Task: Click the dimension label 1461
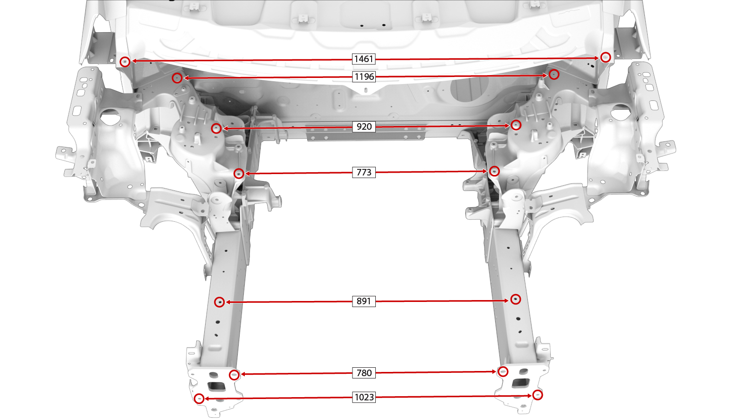click(364, 59)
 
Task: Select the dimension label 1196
click(364, 77)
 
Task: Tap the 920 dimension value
click(364, 126)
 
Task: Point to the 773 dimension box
click(364, 172)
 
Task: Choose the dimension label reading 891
click(364, 301)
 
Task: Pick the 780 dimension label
click(364, 373)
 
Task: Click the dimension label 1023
click(364, 397)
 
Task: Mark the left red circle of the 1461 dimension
click(125, 62)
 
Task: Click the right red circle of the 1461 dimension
click(606, 57)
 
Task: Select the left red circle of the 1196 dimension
click(177, 78)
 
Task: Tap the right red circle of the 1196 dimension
click(554, 74)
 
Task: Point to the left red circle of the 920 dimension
click(216, 128)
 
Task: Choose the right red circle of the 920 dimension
click(516, 125)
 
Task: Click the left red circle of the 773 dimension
click(239, 173)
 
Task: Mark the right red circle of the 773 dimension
click(494, 171)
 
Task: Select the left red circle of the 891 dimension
click(220, 302)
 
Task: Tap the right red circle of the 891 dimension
click(516, 299)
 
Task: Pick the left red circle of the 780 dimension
click(235, 375)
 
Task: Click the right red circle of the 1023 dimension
click(538, 395)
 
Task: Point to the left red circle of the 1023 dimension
click(199, 399)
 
